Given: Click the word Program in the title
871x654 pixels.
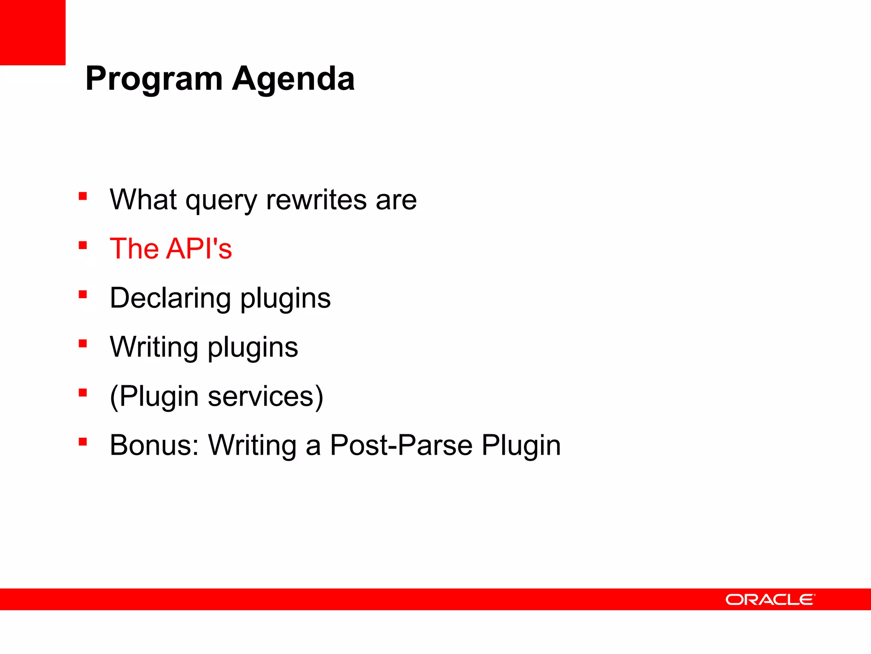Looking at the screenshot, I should pos(154,79).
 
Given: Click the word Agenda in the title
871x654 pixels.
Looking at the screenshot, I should pos(293,79).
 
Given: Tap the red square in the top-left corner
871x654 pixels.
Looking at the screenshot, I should pos(32,32).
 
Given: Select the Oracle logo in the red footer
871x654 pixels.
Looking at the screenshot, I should pos(770,599).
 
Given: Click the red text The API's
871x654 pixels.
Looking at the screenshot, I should pos(171,249).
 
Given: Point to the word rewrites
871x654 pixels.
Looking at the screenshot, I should pos(316,200).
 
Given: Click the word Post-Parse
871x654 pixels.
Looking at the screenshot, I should pos(401,445).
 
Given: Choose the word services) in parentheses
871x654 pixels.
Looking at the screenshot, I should pos(265,396).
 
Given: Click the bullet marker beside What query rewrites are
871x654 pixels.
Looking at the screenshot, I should pos(83,196).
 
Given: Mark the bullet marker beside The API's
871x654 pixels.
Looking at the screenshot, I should pos(83,245).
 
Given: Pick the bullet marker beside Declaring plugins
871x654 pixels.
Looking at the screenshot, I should pos(83,294).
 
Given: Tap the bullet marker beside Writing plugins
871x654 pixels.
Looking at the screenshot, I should pos(83,344).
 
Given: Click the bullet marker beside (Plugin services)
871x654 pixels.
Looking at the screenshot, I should pos(83,393).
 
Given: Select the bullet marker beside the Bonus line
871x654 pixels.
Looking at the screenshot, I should pos(83,442).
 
